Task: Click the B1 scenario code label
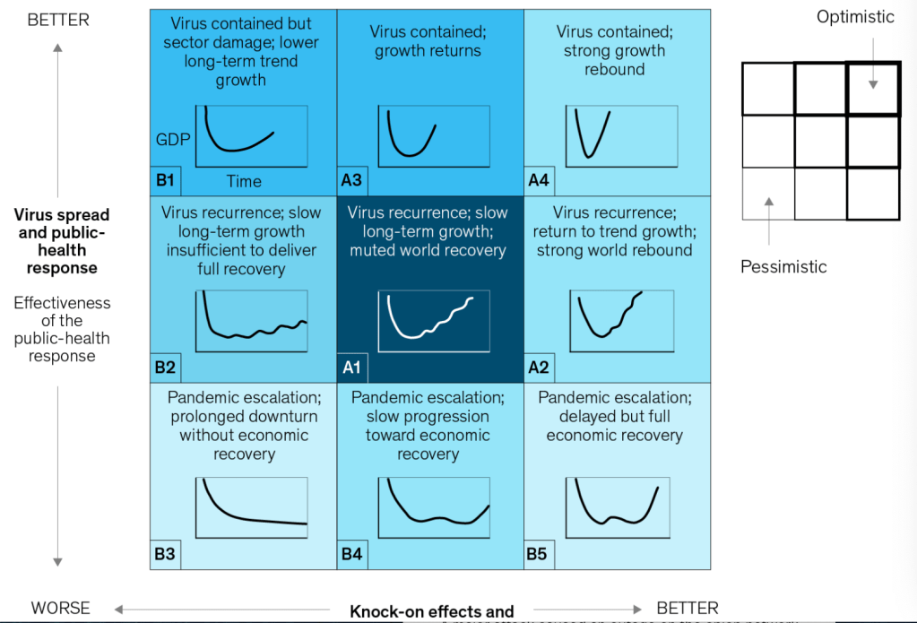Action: [x=165, y=180]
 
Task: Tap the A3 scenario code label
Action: [x=351, y=180]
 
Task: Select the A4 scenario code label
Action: [x=539, y=180]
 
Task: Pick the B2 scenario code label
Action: [x=165, y=367]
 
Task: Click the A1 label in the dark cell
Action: [x=351, y=367]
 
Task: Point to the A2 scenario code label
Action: [x=539, y=367]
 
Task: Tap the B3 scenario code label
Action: [x=165, y=554]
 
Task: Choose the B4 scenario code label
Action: [x=351, y=554]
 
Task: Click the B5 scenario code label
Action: [x=537, y=554]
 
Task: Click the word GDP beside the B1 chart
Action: [x=173, y=140]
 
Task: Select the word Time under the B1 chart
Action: [x=244, y=181]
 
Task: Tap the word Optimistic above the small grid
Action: [x=855, y=17]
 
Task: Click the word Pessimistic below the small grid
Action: [x=783, y=266]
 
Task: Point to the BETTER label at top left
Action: [x=58, y=20]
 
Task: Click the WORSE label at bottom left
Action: [x=60, y=608]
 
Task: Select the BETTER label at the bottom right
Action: [x=688, y=608]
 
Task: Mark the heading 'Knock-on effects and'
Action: [x=431, y=612]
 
